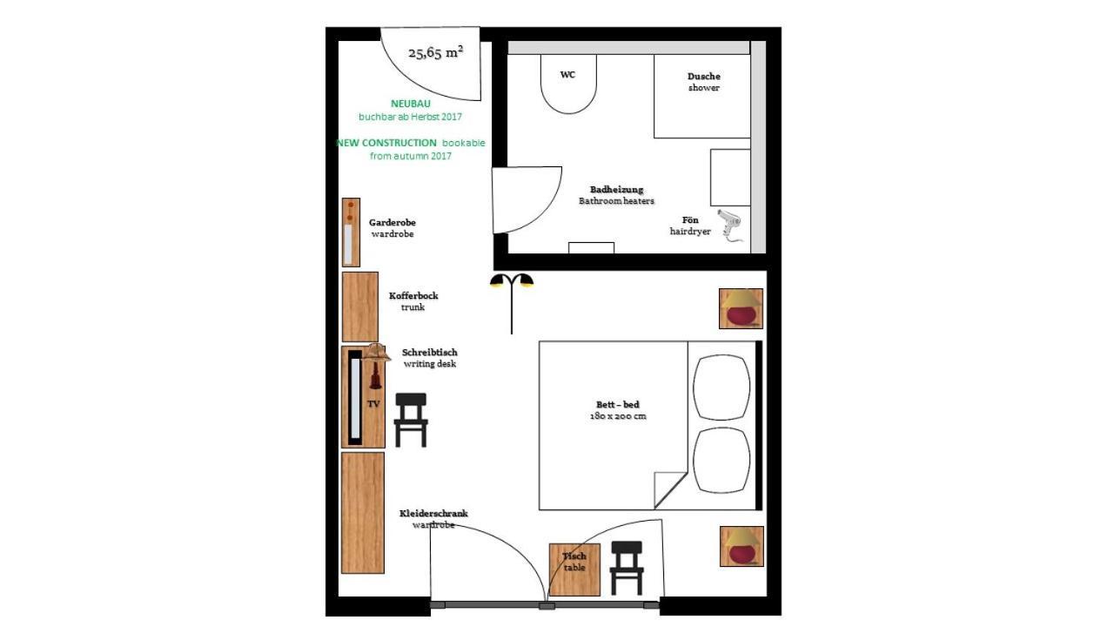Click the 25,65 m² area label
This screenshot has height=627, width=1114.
coord(435,53)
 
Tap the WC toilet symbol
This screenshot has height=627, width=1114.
coord(568,84)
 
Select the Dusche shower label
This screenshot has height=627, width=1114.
coord(703,77)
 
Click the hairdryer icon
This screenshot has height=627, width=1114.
coord(729,226)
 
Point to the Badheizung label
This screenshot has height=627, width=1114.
coord(616,189)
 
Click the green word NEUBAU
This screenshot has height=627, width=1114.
coord(410,104)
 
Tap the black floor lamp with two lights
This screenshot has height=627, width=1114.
coord(511,300)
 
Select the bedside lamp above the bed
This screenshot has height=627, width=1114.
coord(741,308)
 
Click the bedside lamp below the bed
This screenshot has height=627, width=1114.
coord(742,546)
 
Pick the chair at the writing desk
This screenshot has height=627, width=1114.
coord(411,419)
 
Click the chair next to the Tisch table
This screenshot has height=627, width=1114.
coord(626,567)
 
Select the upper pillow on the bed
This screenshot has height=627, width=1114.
coord(721,387)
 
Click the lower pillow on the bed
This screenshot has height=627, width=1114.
coord(721,461)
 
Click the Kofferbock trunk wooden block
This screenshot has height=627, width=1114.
coord(359,307)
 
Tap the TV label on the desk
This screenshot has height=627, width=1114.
coord(373,404)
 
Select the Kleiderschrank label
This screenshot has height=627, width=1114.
coord(433,513)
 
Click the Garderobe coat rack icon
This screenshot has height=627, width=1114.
coord(350,232)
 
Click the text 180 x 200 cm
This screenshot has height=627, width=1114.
coord(617,416)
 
